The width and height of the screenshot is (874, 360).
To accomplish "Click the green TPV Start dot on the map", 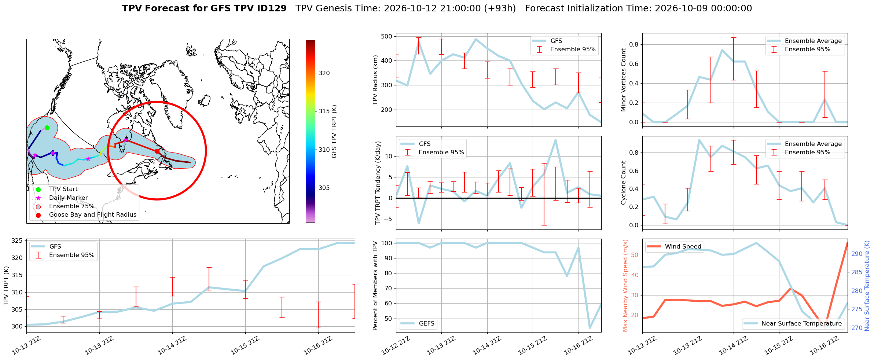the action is [x=47, y=128].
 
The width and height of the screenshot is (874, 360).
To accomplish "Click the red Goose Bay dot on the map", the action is [x=157, y=151].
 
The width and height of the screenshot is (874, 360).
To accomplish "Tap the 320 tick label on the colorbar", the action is [x=324, y=73].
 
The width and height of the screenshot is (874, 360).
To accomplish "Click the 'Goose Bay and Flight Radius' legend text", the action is [x=93, y=215].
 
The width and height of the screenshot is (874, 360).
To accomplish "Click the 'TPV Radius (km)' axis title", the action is [x=375, y=80].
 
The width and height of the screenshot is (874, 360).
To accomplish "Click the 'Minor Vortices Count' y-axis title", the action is [x=623, y=80].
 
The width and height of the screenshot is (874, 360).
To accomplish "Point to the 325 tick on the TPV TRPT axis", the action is [x=17, y=241].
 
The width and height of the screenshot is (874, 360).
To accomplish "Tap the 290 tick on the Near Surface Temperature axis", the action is [x=857, y=254].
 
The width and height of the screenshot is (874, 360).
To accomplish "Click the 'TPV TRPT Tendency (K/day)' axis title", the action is [x=378, y=183].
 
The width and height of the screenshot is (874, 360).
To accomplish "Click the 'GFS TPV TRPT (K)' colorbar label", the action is [x=334, y=132].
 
